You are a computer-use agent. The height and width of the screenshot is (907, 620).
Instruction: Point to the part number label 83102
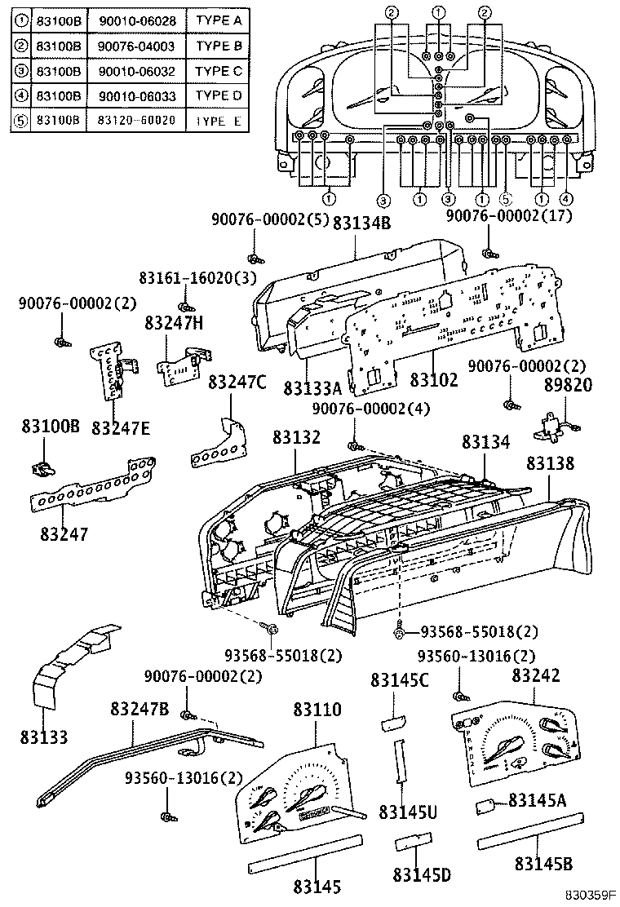pos(434,380)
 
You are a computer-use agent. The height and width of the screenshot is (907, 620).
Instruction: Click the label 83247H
pos(174,323)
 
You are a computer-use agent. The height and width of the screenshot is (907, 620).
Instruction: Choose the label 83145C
pos(395,679)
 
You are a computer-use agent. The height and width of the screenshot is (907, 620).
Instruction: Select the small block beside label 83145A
pos(488,806)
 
